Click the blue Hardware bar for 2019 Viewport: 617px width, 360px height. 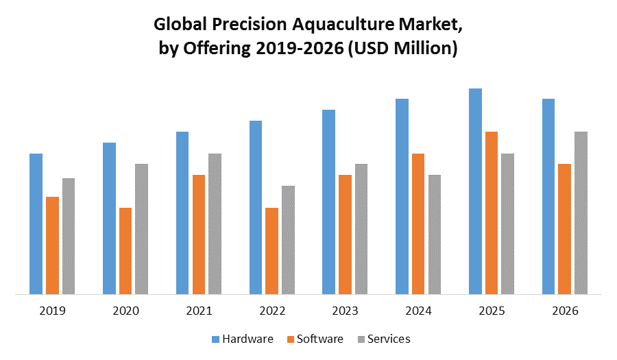click(36, 224)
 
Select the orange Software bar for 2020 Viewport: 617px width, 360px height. click(125, 251)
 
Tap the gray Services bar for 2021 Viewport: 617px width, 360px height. click(215, 224)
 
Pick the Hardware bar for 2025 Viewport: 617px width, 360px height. click(475, 192)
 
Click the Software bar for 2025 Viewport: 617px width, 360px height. click(492, 213)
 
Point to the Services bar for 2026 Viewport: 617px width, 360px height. click(581, 213)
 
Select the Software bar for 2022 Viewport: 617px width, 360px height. click(271, 251)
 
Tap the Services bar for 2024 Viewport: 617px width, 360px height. click(434, 235)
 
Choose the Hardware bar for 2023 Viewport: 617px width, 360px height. click(328, 202)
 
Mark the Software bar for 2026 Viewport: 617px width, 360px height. click(565, 229)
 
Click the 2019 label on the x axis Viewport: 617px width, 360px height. click(52, 311)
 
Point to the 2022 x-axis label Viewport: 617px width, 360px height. click(272, 311)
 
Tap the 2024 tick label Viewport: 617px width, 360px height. click(418, 311)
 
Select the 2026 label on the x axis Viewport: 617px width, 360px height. click(565, 311)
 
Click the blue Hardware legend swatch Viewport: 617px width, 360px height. click(215, 339)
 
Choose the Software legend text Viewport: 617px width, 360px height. click(319, 339)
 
